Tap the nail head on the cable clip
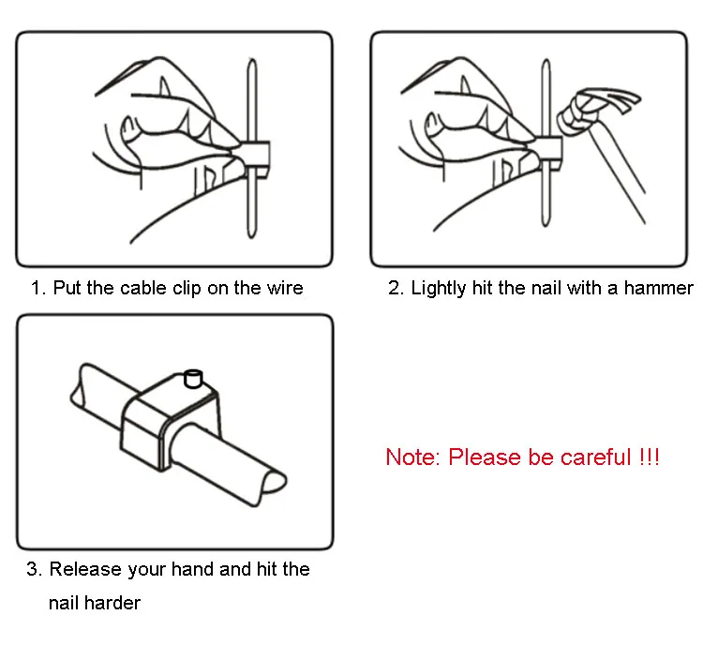tap(193, 378)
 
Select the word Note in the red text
tap(411, 457)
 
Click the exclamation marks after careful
tap(650, 457)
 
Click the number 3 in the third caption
tap(34, 569)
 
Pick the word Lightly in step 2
tap(439, 289)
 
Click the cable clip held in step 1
tap(255, 159)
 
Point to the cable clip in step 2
tap(548, 154)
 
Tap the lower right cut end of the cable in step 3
tap(274, 481)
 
